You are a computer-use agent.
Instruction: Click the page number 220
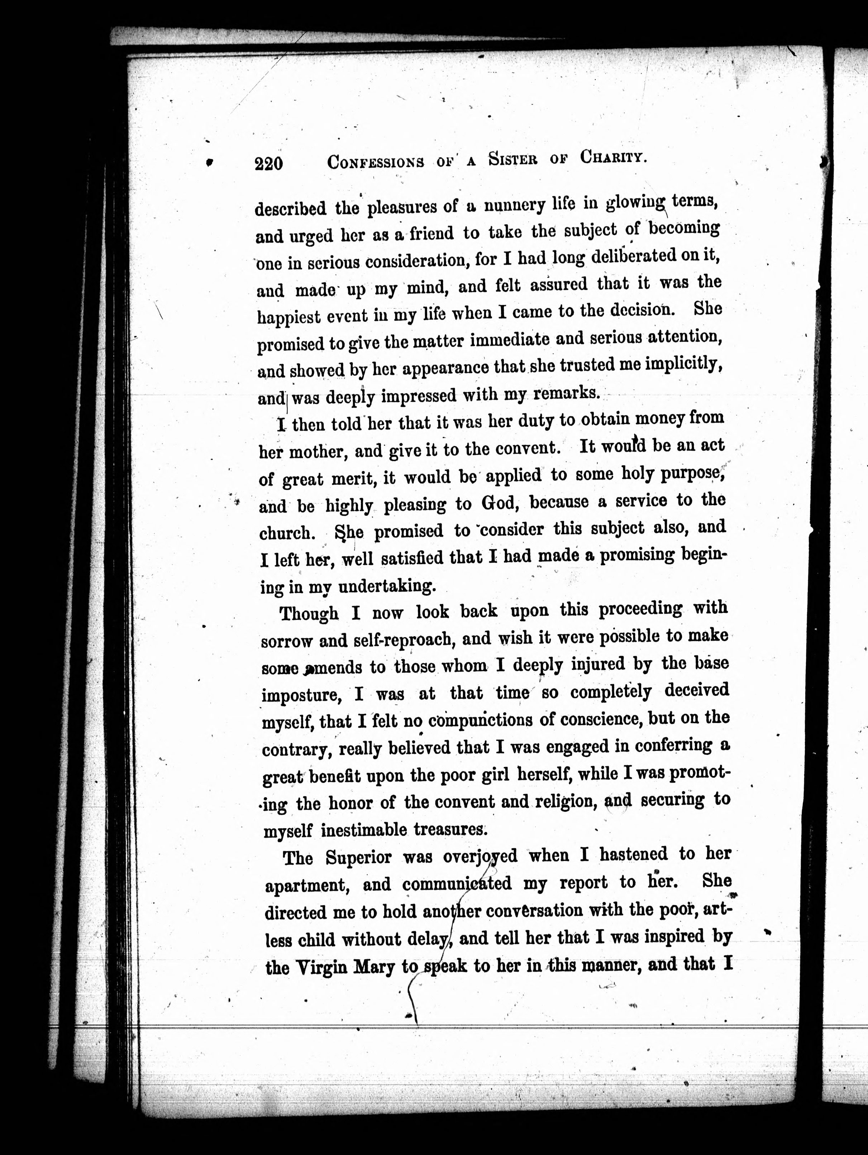click(269, 163)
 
